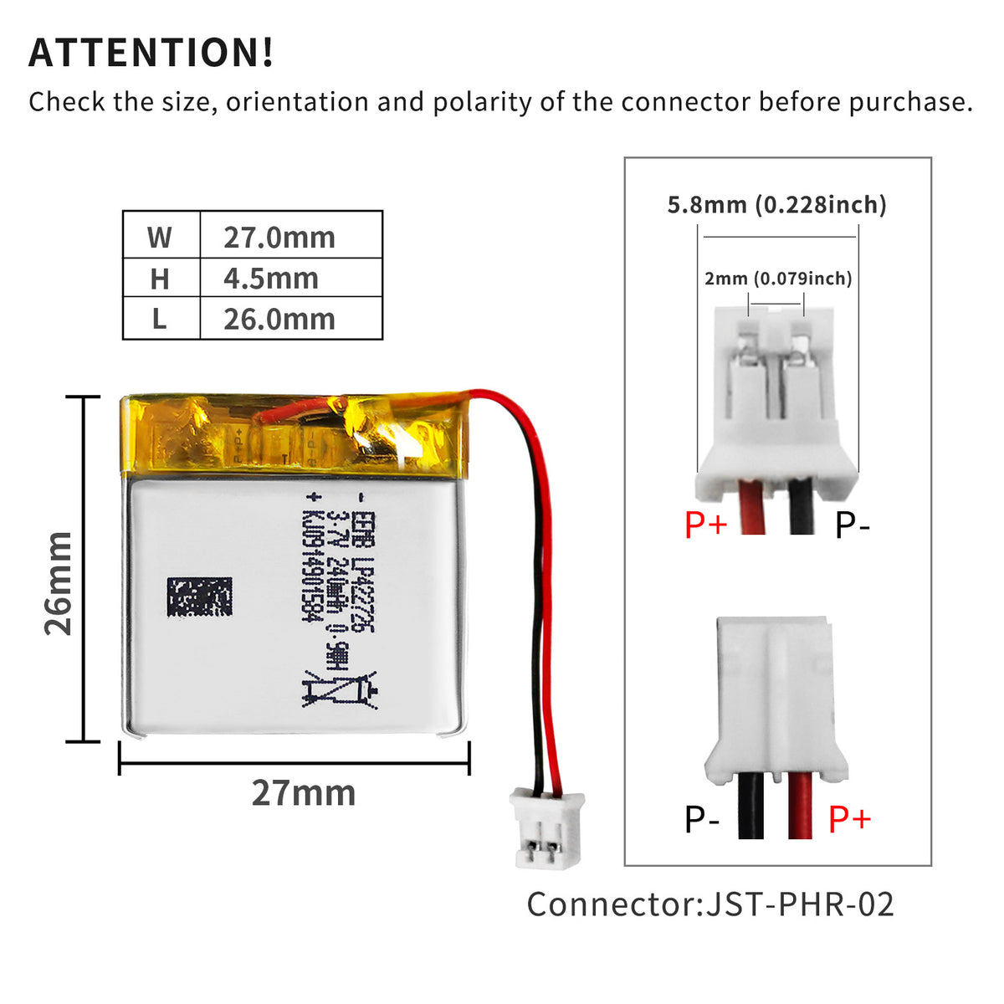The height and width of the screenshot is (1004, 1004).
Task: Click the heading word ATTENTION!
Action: click(x=151, y=52)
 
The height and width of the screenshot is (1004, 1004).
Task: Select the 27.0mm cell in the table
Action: click(x=279, y=238)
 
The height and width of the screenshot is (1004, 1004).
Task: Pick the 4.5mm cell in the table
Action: click(x=270, y=279)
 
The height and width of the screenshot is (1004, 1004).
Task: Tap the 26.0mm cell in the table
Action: click(x=279, y=320)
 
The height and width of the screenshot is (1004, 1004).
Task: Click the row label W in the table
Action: click(x=160, y=238)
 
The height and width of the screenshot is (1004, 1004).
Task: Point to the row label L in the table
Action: click(x=160, y=320)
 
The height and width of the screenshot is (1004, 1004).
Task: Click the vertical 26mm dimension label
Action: click(x=59, y=583)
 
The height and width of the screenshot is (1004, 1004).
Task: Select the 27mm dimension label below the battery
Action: click(x=303, y=793)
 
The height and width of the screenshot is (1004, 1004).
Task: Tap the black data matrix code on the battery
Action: click(x=199, y=597)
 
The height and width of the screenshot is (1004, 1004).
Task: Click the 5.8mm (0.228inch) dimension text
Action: click(x=776, y=205)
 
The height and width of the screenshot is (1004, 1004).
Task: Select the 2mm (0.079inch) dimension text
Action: click(x=778, y=279)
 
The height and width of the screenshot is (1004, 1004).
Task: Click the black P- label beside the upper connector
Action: click(x=853, y=525)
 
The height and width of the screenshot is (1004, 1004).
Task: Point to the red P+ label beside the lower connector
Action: click(x=849, y=819)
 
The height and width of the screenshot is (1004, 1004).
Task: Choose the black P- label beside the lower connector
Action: click(x=702, y=819)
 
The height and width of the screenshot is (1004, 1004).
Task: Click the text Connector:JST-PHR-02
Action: click(x=710, y=904)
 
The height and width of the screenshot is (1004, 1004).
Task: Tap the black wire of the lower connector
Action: click(x=750, y=805)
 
